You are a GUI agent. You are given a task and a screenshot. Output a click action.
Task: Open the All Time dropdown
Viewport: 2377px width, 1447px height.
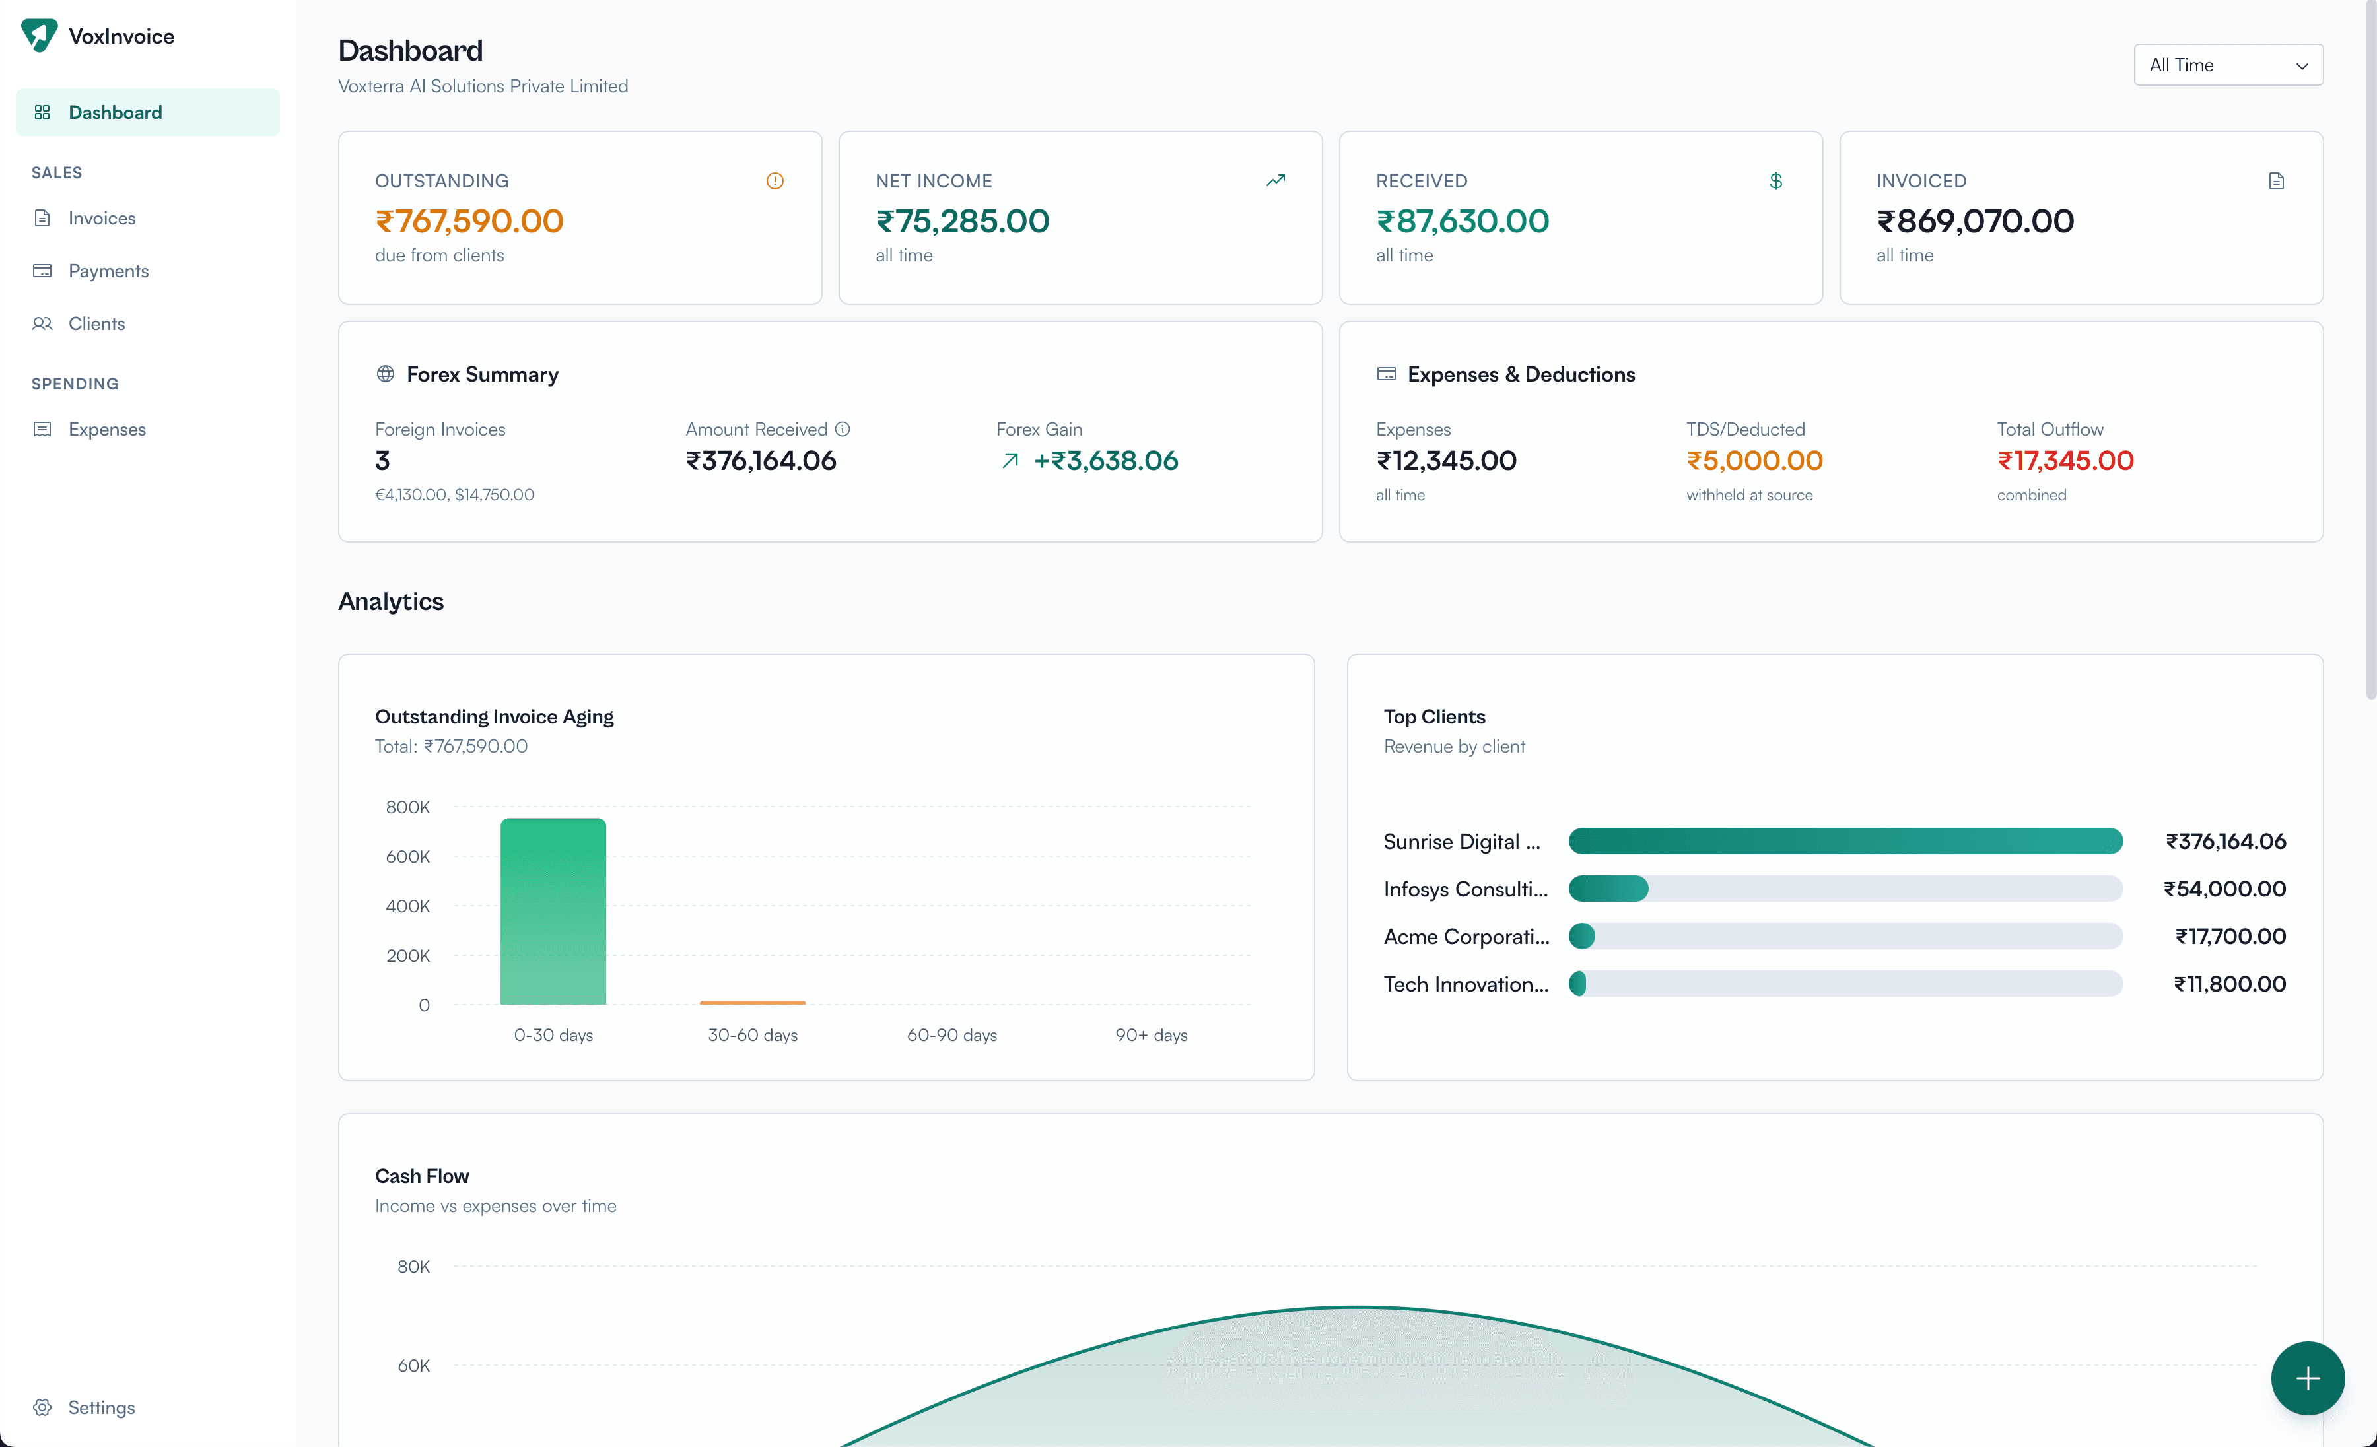point(2228,65)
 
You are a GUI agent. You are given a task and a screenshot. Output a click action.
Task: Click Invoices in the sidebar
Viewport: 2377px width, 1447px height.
point(101,218)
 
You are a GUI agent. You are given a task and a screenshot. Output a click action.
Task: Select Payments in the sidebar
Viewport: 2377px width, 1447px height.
point(108,271)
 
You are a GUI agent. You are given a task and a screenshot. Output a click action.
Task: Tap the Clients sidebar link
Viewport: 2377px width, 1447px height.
point(96,323)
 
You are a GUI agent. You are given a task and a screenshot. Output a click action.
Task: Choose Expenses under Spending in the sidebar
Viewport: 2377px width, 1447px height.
point(107,429)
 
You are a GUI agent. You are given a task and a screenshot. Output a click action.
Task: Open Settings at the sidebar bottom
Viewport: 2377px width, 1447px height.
point(101,1407)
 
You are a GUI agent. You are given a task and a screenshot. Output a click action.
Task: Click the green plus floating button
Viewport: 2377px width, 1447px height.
point(2306,1378)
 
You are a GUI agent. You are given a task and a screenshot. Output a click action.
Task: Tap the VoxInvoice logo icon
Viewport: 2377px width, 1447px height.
point(40,36)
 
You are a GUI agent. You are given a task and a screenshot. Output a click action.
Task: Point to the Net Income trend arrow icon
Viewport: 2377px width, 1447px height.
point(1275,180)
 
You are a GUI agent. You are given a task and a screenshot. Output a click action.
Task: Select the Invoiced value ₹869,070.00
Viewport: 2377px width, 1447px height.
point(1975,221)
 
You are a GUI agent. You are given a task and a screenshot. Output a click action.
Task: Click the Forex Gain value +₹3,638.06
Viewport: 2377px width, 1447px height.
point(1105,461)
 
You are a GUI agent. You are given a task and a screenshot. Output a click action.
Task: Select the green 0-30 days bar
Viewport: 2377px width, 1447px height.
point(553,912)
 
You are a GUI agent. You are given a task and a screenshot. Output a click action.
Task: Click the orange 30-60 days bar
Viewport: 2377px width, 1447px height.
point(753,1002)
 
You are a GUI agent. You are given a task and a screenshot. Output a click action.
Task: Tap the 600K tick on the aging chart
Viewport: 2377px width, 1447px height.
point(407,857)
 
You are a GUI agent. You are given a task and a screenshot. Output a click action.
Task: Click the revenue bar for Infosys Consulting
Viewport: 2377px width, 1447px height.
point(1608,889)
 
